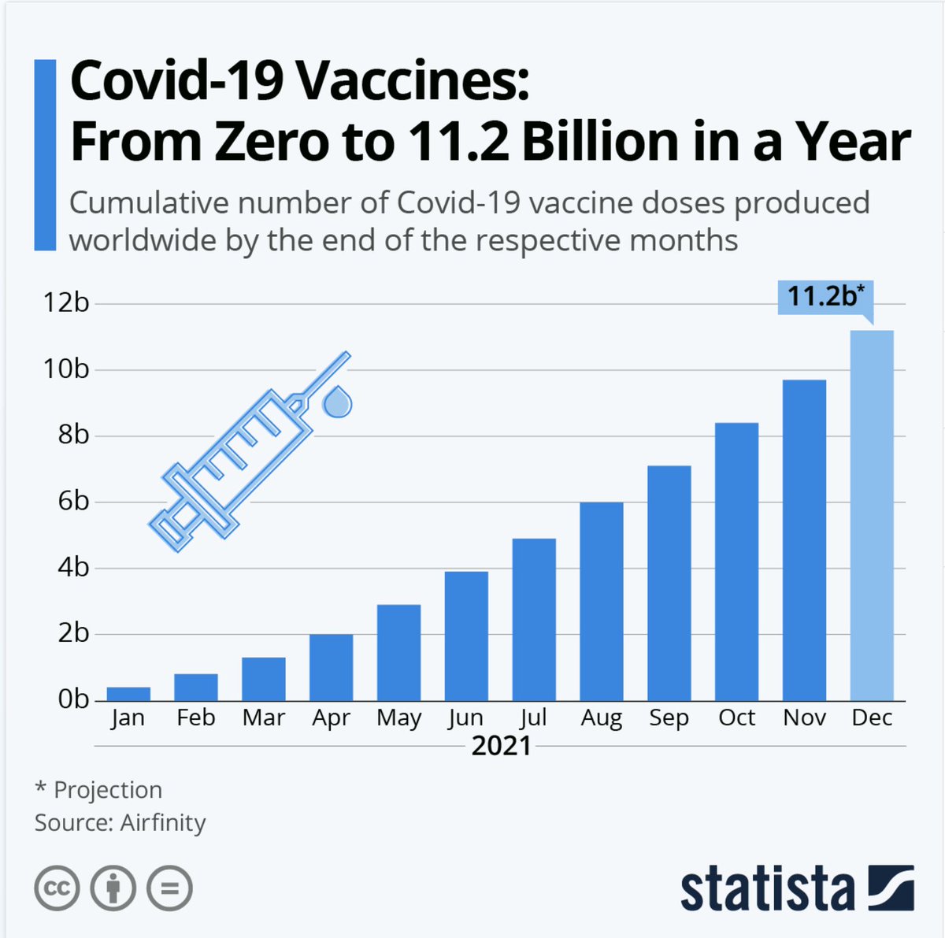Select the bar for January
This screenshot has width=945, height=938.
(x=128, y=694)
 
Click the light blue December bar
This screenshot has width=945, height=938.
(x=872, y=516)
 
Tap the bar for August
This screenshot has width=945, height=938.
(x=602, y=602)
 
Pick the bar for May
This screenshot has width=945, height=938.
(x=398, y=653)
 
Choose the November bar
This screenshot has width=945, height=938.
(x=804, y=540)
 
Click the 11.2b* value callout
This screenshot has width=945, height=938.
(x=825, y=297)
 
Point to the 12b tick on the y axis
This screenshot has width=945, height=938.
(x=66, y=302)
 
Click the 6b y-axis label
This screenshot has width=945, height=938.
(x=72, y=502)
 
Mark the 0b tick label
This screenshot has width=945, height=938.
(x=72, y=699)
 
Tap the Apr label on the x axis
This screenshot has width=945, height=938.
(x=331, y=718)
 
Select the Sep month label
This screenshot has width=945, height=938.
(x=669, y=718)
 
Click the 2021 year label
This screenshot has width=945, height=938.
(x=501, y=746)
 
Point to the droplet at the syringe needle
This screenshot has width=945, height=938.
(x=338, y=402)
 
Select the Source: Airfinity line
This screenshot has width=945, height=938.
(x=120, y=823)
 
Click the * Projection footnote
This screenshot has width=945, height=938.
(x=98, y=790)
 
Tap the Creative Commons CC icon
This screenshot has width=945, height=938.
(x=57, y=889)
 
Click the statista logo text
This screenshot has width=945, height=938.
(x=767, y=890)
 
